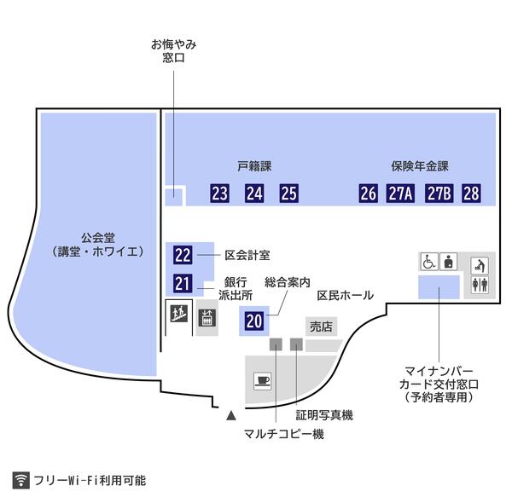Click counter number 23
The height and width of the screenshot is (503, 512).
[220, 194]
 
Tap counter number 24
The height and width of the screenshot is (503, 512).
[254, 194]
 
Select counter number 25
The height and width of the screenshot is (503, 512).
[289, 194]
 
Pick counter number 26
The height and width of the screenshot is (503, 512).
[369, 194]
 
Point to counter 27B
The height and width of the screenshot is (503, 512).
[439, 194]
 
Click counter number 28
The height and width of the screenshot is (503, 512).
[471, 194]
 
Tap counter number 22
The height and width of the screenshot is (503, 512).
[183, 254]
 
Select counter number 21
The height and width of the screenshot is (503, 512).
[183, 285]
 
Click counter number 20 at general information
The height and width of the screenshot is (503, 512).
[254, 321]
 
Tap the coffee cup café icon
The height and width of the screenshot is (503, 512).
[261, 380]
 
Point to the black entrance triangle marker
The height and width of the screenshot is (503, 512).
[230, 417]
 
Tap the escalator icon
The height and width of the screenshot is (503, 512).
[179, 314]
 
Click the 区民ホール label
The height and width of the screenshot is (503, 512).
[345, 296]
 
